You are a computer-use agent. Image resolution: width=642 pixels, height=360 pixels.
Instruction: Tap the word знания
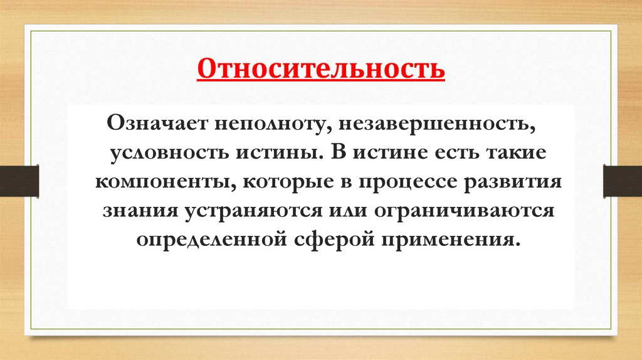(139, 211)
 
